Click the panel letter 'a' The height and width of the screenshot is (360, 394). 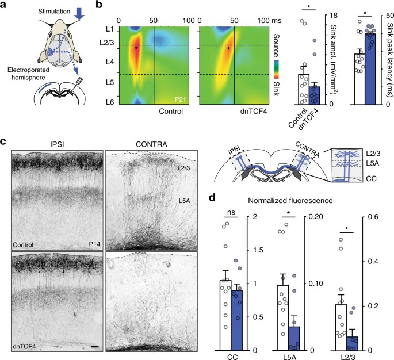coord(5,6)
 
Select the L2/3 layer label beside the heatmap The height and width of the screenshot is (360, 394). coord(104,43)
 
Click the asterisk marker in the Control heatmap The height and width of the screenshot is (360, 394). coord(136,47)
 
